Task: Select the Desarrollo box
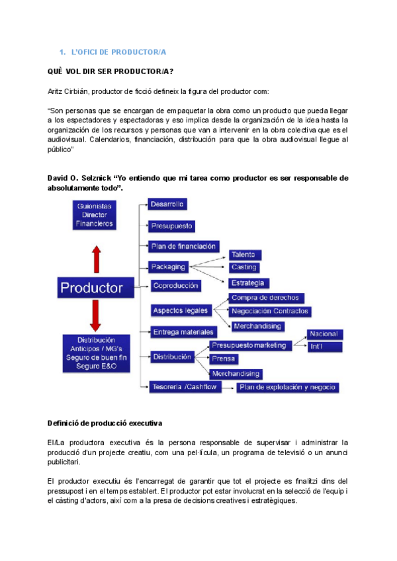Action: point(167,204)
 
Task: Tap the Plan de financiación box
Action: point(183,247)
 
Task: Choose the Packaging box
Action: point(168,267)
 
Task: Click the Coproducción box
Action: point(175,286)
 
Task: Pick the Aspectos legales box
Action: point(180,310)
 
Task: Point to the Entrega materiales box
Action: point(183,331)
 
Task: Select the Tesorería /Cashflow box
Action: point(183,387)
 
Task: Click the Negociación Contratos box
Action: point(270,311)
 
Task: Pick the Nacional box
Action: point(324,334)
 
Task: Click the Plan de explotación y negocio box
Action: point(288,387)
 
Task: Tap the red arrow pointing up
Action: point(95,256)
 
